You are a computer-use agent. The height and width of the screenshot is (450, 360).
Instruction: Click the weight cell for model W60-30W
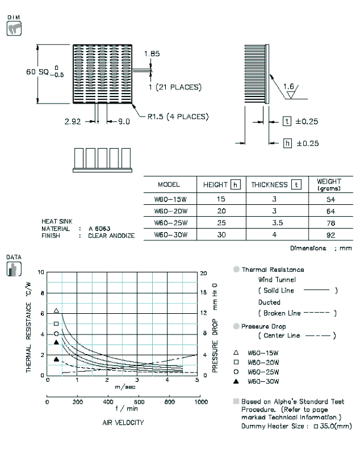pyautogui.click(x=330, y=235)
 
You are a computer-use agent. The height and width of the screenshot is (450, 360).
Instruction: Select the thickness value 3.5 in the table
pyautogui.click(x=277, y=223)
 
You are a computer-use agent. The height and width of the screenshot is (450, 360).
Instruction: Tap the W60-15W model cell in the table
pyautogui.click(x=171, y=199)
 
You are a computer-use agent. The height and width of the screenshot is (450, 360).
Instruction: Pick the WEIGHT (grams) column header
pyautogui.click(x=329, y=185)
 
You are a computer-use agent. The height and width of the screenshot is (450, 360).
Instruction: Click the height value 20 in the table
pyautogui.click(x=221, y=211)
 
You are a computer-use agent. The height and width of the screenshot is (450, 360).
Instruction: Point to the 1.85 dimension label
pyautogui.click(x=152, y=54)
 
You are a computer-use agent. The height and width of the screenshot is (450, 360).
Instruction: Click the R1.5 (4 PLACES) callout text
pyautogui.click(x=178, y=117)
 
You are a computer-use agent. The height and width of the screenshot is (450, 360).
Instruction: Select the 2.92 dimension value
pyautogui.click(x=73, y=121)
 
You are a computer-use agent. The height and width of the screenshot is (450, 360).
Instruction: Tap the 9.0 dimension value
pyautogui.click(x=124, y=122)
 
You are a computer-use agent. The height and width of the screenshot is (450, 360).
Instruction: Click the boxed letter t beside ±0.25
pyautogui.click(x=287, y=121)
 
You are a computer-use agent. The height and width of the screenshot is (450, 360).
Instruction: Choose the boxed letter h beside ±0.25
pyautogui.click(x=287, y=143)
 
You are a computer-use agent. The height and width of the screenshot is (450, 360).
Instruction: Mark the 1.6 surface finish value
pyautogui.click(x=288, y=86)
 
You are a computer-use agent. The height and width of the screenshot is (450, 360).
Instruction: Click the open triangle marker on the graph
pyautogui.click(x=56, y=310)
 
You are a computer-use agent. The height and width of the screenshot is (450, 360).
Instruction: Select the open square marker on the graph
pyautogui.click(x=56, y=323)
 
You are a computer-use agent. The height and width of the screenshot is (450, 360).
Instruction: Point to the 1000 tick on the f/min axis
pyautogui.click(x=201, y=402)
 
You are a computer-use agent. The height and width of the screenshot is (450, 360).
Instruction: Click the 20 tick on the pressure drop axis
pyautogui.click(x=203, y=273)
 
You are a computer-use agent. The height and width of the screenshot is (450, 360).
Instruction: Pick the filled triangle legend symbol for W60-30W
pyautogui.click(x=236, y=381)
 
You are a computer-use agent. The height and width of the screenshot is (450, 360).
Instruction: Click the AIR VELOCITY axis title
pyautogui.click(x=123, y=422)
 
